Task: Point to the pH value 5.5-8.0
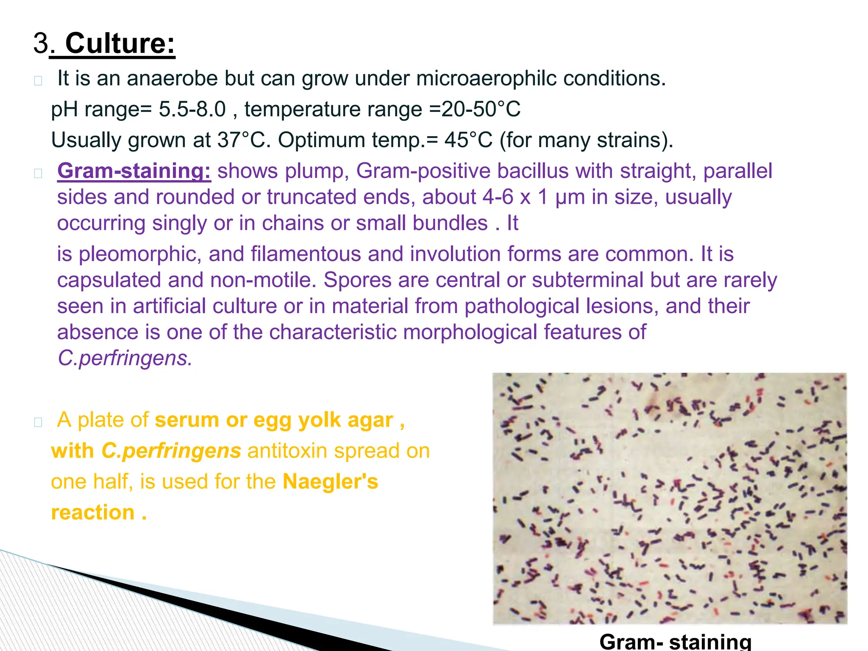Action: pyautogui.click(x=192, y=109)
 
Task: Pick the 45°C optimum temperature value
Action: pyautogui.click(x=468, y=140)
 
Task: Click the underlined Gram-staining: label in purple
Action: pyautogui.click(x=134, y=171)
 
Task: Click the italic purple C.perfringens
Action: pyautogui.click(x=125, y=359)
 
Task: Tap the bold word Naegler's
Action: pyautogui.click(x=330, y=482)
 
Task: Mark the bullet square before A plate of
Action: pyautogui.click(x=38, y=422)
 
